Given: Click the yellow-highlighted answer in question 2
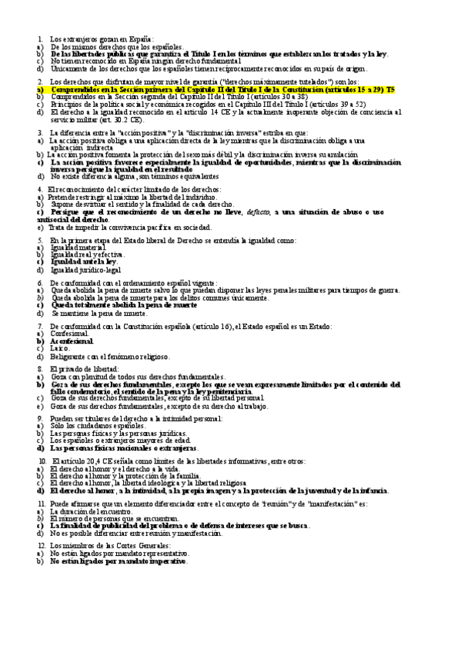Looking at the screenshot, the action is pyautogui.click(x=215, y=89).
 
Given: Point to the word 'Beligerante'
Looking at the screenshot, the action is pyautogui.click(x=69, y=357).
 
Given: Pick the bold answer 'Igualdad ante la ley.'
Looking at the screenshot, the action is pyautogui.click(x=83, y=261).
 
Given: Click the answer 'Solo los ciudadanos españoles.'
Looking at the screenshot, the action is pyautogui.click(x=98, y=425).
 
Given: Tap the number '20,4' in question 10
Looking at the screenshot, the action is pyautogui.click(x=82, y=461).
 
